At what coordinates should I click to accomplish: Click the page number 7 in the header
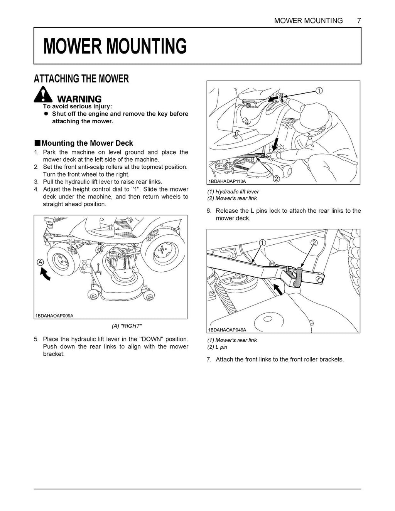click(359, 20)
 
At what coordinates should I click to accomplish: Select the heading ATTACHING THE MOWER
click(81, 79)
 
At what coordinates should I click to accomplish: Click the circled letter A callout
click(40, 262)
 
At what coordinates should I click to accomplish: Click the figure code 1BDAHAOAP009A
click(54, 316)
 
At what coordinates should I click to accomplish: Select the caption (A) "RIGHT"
click(126, 326)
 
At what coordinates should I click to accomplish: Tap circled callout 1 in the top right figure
click(319, 91)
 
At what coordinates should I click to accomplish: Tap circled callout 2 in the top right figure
click(277, 178)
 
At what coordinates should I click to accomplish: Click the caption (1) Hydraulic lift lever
click(233, 192)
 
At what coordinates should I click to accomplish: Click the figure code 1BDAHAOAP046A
click(227, 330)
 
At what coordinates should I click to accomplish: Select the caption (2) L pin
click(217, 347)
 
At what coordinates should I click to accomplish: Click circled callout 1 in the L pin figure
click(262, 242)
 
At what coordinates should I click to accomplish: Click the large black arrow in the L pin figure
click(280, 289)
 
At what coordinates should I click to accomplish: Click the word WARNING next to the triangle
click(79, 99)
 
